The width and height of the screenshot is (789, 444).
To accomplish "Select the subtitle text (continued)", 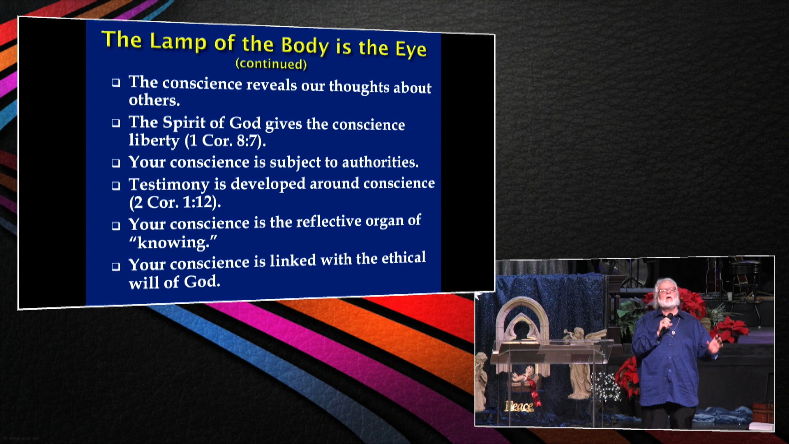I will [x=271, y=64].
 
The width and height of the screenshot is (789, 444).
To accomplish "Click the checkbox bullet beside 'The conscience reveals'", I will [x=116, y=83].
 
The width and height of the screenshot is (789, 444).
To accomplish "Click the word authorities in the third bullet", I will [x=380, y=162].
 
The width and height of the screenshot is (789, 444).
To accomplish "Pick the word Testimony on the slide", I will [x=169, y=184].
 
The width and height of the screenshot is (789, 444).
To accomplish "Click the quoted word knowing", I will [x=173, y=242].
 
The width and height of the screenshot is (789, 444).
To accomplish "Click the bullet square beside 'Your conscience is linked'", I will [x=116, y=266].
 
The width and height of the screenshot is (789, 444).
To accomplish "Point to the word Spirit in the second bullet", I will [x=184, y=123].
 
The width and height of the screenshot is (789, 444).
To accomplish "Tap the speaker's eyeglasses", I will [x=667, y=290].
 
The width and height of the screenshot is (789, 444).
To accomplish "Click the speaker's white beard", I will [x=668, y=302].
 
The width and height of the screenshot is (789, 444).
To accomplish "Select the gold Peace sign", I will [x=519, y=406].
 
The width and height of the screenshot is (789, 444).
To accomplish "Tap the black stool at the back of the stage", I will [x=750, y=275].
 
